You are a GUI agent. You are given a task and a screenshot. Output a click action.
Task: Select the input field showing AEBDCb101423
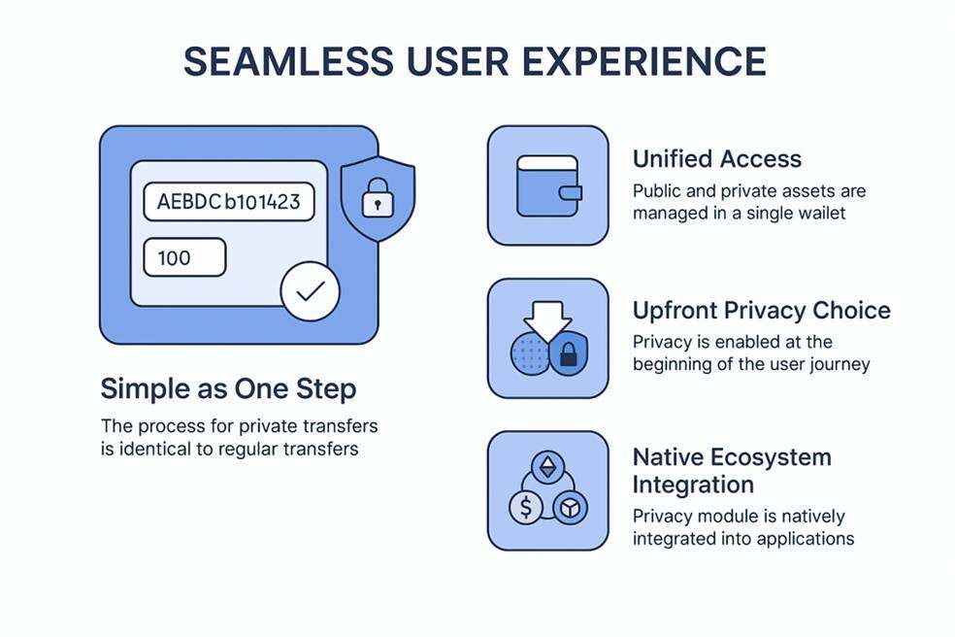228,203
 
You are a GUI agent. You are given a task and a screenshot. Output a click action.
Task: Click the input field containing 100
184,258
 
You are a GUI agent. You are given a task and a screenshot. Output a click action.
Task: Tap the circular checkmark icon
310,292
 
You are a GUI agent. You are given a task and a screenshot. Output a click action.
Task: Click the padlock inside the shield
377,201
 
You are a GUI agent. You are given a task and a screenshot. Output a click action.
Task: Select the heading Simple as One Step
228,389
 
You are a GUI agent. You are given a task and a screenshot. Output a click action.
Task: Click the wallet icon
547,185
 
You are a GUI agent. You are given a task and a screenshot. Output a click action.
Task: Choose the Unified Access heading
717,159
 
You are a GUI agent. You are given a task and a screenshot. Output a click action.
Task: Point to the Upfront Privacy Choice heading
761,311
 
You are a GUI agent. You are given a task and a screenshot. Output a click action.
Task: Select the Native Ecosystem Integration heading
732,470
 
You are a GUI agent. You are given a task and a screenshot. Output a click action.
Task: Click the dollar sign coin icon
525,507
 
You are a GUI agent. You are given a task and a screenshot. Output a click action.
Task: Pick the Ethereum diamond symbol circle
548,469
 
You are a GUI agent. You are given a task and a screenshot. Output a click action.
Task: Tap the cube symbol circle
570,507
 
